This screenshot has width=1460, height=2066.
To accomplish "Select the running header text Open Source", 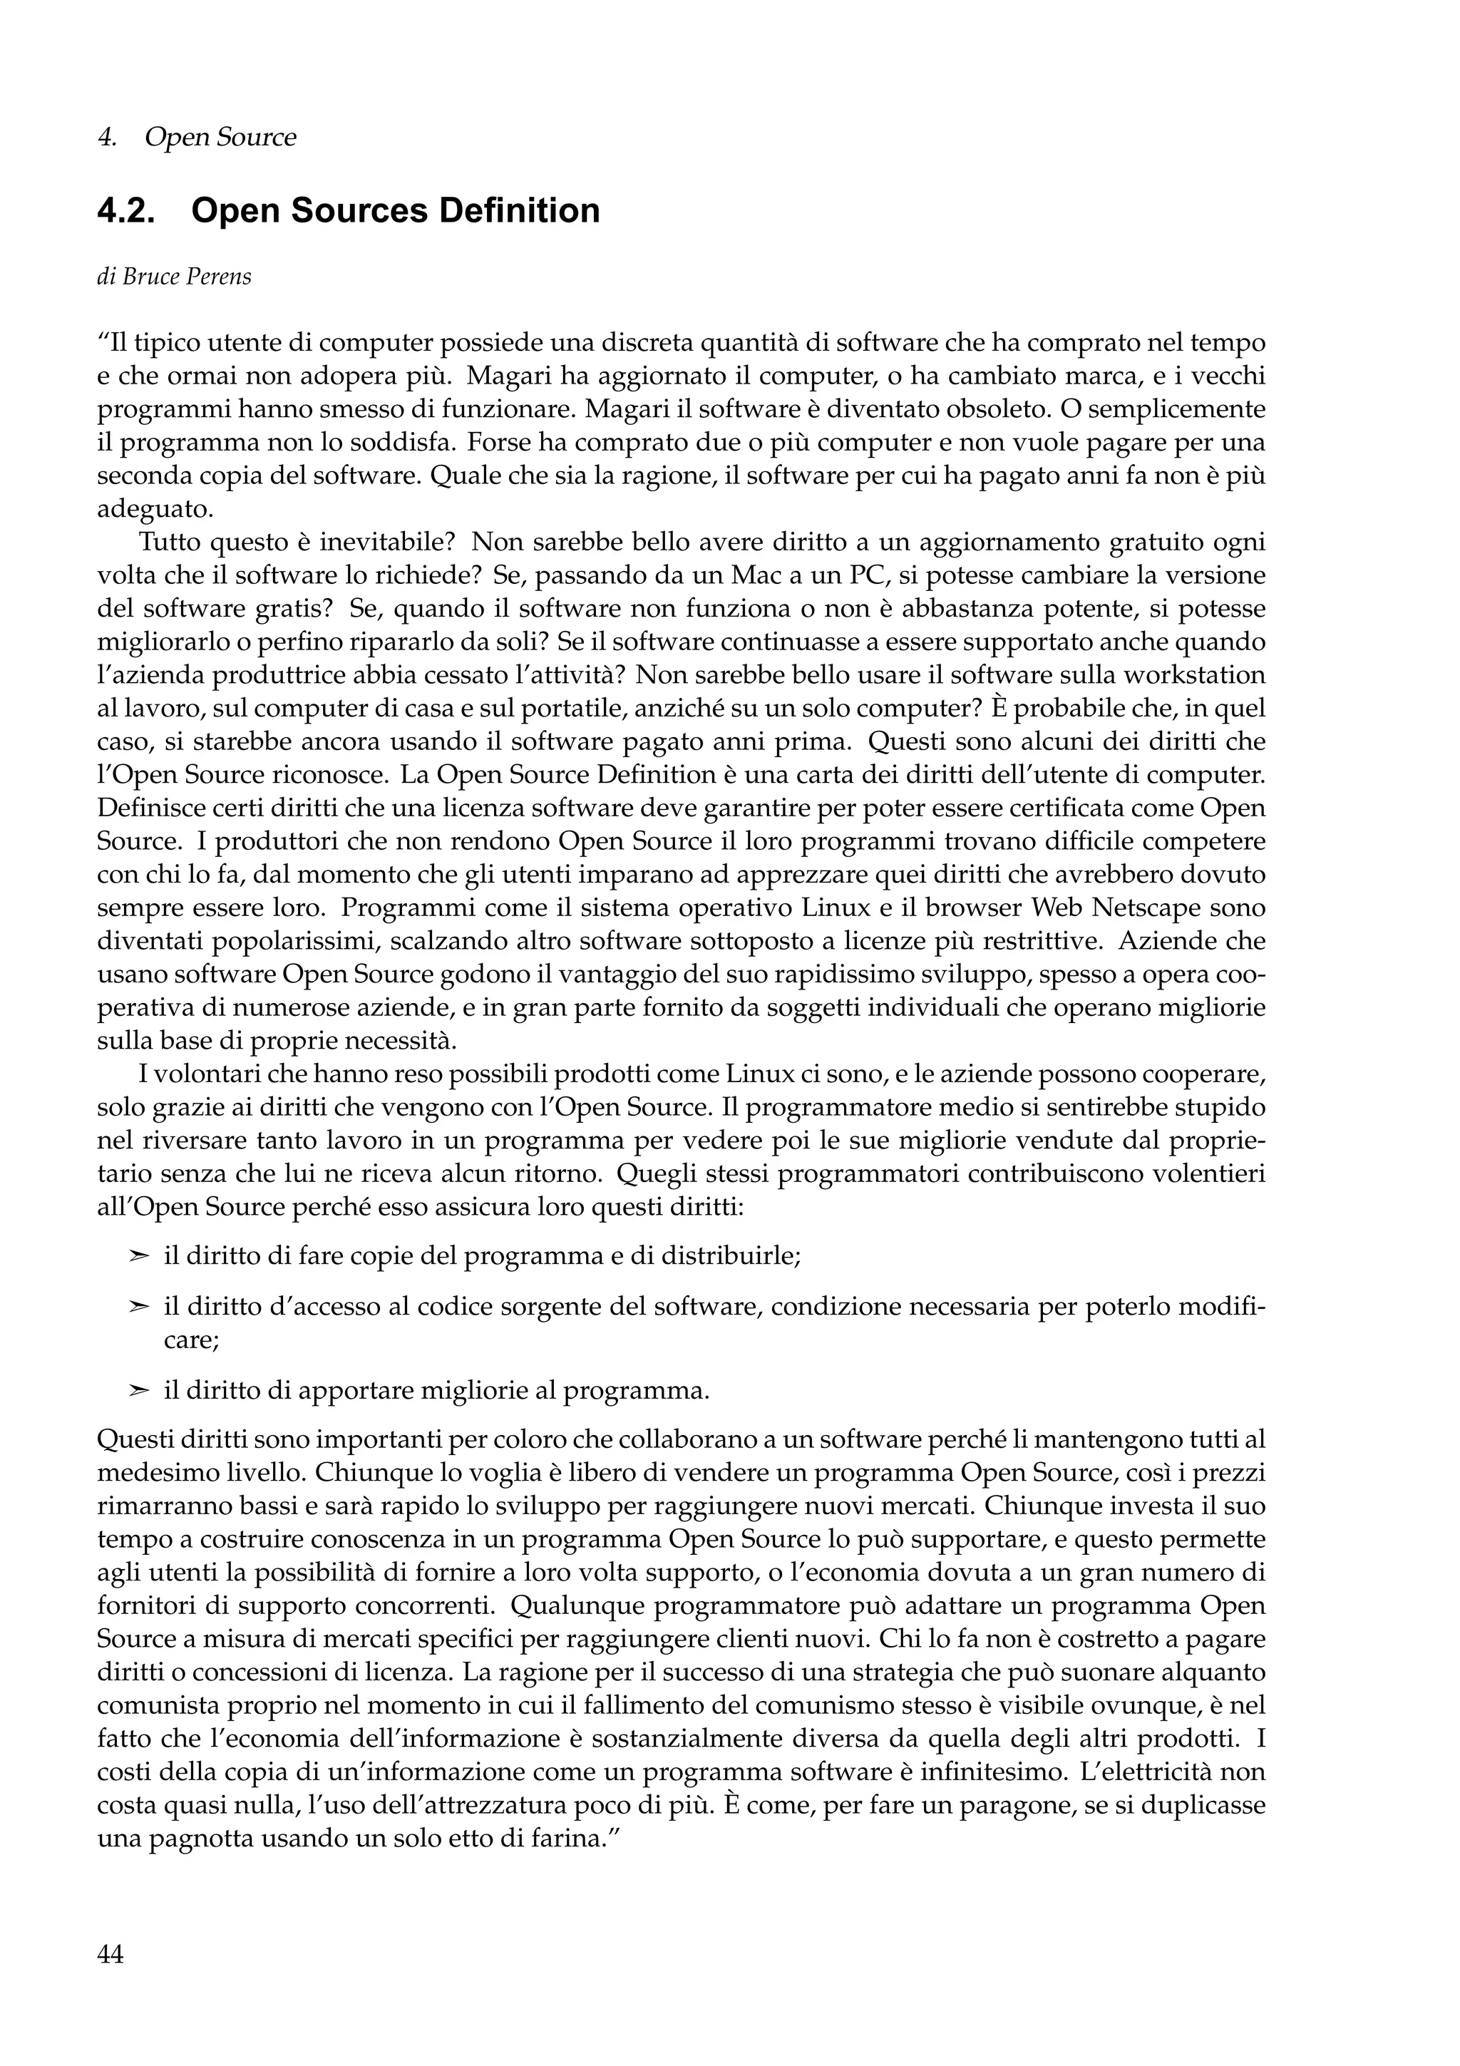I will pyautogui.click(x=220, y=138).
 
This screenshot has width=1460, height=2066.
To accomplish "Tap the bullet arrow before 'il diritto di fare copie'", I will pyautogui.click(x=138, y=1256).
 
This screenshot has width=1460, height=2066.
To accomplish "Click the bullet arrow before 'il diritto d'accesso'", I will pyautogui.click(x=138, y=1307).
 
